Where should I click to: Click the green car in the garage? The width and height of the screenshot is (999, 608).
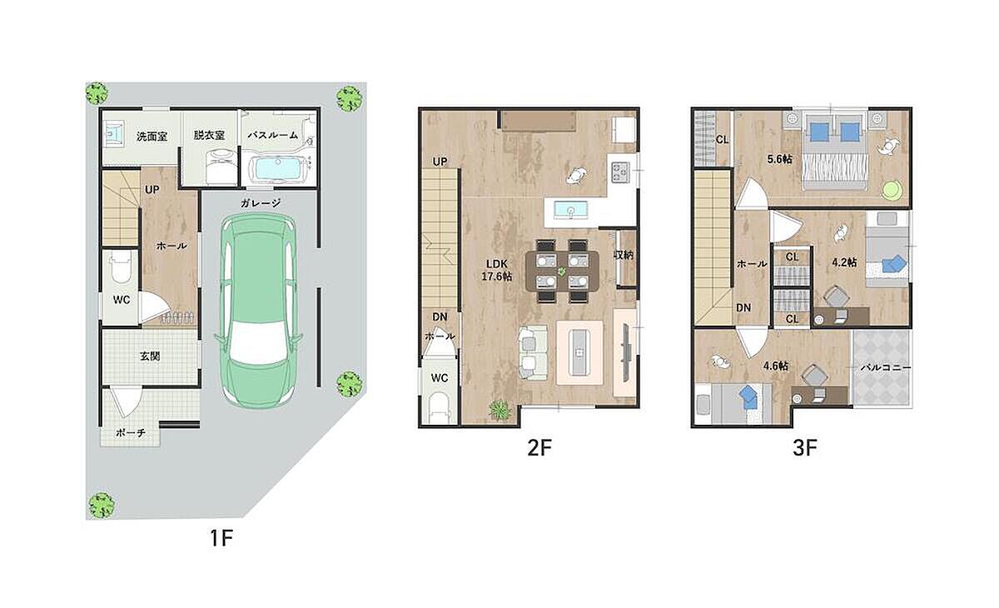point(259,311)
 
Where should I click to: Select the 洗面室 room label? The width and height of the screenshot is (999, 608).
point(152,136)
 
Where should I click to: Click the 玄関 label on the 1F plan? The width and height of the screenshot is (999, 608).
point(150,356)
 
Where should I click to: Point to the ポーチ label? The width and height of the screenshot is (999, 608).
point(130,433)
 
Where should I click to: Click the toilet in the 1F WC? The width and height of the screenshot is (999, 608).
point(121,267)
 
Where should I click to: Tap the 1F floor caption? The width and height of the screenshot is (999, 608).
point(221,538)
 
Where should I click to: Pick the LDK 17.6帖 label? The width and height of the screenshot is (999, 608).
point(496,270)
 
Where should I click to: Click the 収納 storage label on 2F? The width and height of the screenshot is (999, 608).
point(624,255)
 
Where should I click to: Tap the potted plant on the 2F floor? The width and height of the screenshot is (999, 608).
point(500,410)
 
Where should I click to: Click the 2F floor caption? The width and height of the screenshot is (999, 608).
point(539,448)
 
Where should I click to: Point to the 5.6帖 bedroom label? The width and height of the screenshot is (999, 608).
point(779,158)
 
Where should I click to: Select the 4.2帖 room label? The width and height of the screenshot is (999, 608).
point(844,262)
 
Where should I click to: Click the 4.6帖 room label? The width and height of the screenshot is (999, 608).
point(776,366)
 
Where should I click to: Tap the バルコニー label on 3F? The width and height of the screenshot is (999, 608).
point(886,368)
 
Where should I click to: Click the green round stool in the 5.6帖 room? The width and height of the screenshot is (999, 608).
point(893,190)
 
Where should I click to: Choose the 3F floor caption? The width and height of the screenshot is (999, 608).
point(805,448)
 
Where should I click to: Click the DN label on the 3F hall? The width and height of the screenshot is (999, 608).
point(743,308)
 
